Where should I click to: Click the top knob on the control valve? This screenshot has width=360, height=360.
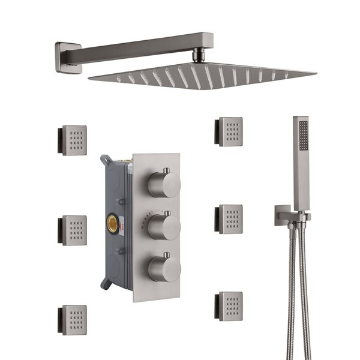(164, 184)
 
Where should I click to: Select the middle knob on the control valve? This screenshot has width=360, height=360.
(164, 227)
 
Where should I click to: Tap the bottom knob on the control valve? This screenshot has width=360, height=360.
(164, 268)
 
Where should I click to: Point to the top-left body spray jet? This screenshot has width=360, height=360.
(73, 140)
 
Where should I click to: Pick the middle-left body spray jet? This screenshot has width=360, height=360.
(73, 230)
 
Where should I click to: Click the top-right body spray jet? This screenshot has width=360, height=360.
(229, 132)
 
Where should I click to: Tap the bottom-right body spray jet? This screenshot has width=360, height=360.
(229, 306)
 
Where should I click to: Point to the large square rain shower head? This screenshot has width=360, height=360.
(204, 74)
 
